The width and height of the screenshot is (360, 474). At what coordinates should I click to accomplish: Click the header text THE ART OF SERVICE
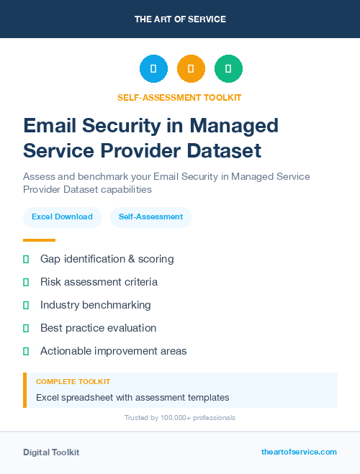pyautogui.click(x=180, y=19)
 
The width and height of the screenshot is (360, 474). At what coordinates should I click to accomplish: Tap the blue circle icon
pyautogui.click(x=153, y=69)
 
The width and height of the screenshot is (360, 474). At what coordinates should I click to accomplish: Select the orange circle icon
pyautogui.click(x=191, y=69)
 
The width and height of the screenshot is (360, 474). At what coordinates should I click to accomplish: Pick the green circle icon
pyautogui.click(x=228, y=69)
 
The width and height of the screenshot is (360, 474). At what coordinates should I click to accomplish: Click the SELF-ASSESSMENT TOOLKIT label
pyautogui.click(x=179, y=98)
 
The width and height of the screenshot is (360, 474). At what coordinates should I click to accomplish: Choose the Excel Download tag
pyautogui.click(x=62, y=217)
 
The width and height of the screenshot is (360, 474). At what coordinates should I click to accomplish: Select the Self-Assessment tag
pyautogui.click(x=150, y=217)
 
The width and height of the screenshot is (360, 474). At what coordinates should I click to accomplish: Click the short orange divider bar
pyautogui.click(x=39, y=240)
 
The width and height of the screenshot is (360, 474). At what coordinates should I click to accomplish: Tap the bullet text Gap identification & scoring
pyautogui.click(x=107, y=259)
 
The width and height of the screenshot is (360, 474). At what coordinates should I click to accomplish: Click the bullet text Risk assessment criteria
pyautogui.click(x=99, y=282)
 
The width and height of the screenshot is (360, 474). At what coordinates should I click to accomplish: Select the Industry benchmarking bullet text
pyautogui.click(x=95, y=305)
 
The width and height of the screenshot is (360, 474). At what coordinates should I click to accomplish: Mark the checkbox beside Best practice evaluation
pyautogui.click(x=26, y=328)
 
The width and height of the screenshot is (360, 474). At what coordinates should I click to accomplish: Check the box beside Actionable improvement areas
pyautogui.click(x=26, y=351)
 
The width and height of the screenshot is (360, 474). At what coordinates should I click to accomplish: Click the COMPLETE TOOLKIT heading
pyautogui.click(x=73, y=381)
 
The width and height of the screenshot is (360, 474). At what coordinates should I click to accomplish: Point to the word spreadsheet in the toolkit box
pyautogui.click(x=91, y=397)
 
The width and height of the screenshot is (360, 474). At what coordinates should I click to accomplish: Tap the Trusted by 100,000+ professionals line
pyautogui.click(x=179, y=418)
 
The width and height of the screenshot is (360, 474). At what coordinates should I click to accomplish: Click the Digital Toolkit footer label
pyautogui.click(x=51, y=452)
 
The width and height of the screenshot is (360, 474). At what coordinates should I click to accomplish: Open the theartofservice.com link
pyautogui.click(x=299, y=452)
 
